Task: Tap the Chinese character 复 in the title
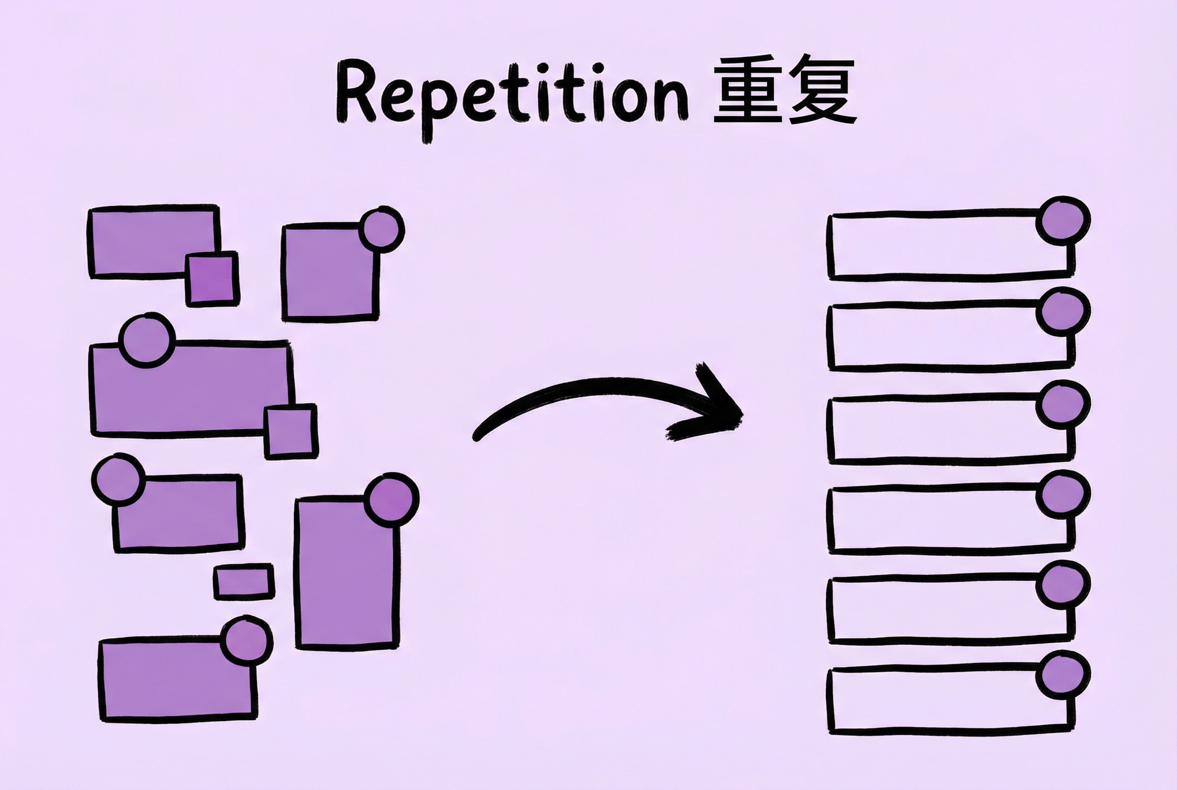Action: click(822, 91)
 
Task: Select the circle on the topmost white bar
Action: click(1062, 221)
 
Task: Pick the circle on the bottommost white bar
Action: click(1062, 675)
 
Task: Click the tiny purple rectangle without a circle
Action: click(244, 582)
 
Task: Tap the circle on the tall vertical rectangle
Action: click(392, 500)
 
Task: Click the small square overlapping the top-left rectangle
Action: click(212, 279)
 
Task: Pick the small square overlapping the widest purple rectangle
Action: click(291, 431)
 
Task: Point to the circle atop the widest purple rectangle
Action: click(147, 340)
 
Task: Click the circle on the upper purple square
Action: click(382, 229)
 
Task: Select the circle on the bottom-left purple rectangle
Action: click(246, 640)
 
